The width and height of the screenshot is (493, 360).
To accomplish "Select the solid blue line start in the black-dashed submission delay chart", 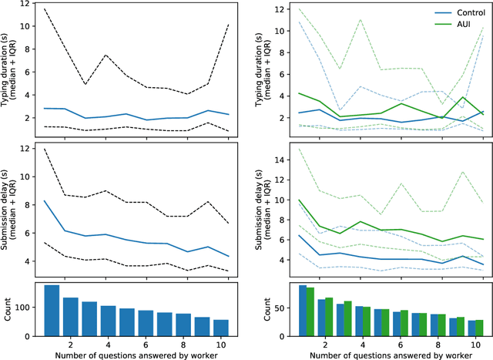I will (45, 201).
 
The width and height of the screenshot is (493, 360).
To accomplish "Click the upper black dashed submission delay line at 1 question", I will (45, 149).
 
